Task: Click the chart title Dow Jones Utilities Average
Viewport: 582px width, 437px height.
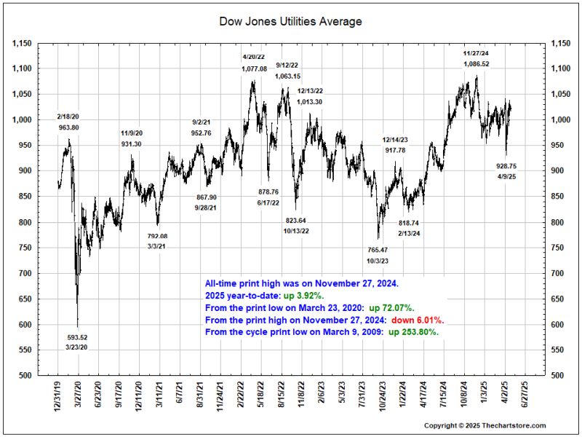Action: pyautogui.click(x=290, y=22)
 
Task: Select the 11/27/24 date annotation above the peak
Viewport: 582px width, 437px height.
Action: pyautogui.click(x=477, y=53)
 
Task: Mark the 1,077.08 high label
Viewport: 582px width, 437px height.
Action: pyautogui.click(x=254, y=68)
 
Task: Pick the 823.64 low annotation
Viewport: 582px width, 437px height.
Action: pyautogui.click(x=296, y=220)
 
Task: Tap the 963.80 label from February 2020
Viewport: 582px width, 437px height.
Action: pyautogui.click(x=68, y=127)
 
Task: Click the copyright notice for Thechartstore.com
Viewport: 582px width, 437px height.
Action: pyautogui.click(x=485, y=425)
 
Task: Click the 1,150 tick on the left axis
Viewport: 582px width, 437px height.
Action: pyautogui.click(x=23, y=43)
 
